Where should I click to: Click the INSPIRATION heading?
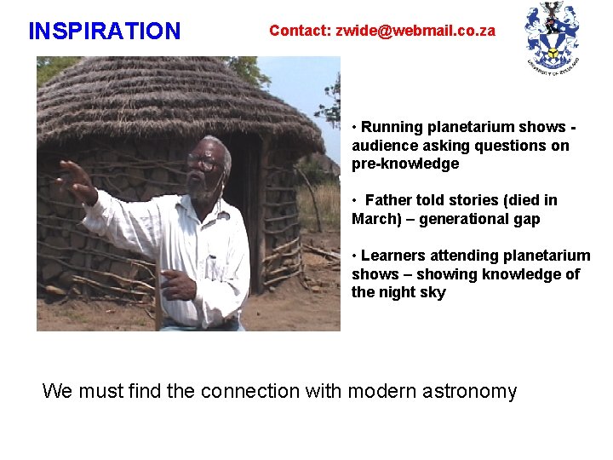(105, 32)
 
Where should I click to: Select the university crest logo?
(553, 36)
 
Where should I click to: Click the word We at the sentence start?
(57, 391)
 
